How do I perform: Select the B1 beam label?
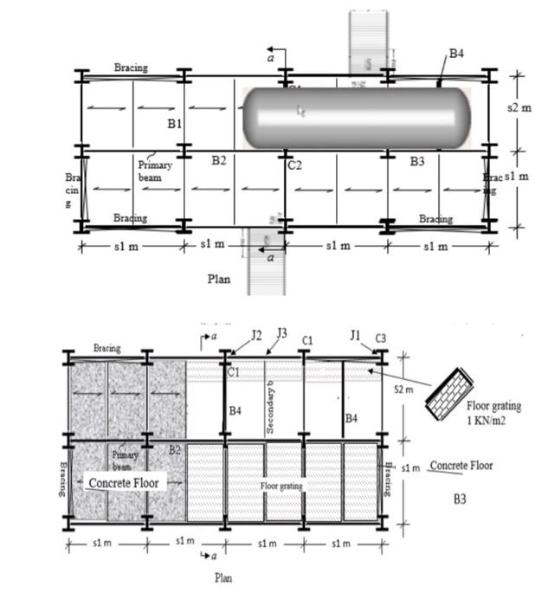tap(175, 125)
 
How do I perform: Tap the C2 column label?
tap(294, 164)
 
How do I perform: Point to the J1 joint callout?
tap(355, 335)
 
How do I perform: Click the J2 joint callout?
tap(256, 334)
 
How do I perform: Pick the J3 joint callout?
tap(281, 333)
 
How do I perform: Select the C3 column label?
tap(380, 337)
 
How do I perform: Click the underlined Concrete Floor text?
tap(461, 466)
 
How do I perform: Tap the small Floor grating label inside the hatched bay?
tap(281, 487)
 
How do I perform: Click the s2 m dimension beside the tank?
tap(518, 109)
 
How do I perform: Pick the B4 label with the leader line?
tap(456, 54)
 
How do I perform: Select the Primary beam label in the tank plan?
tap(156, 171)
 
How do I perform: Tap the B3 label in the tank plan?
tap(417, 162)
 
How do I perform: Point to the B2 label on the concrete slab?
tap(174, 449)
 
